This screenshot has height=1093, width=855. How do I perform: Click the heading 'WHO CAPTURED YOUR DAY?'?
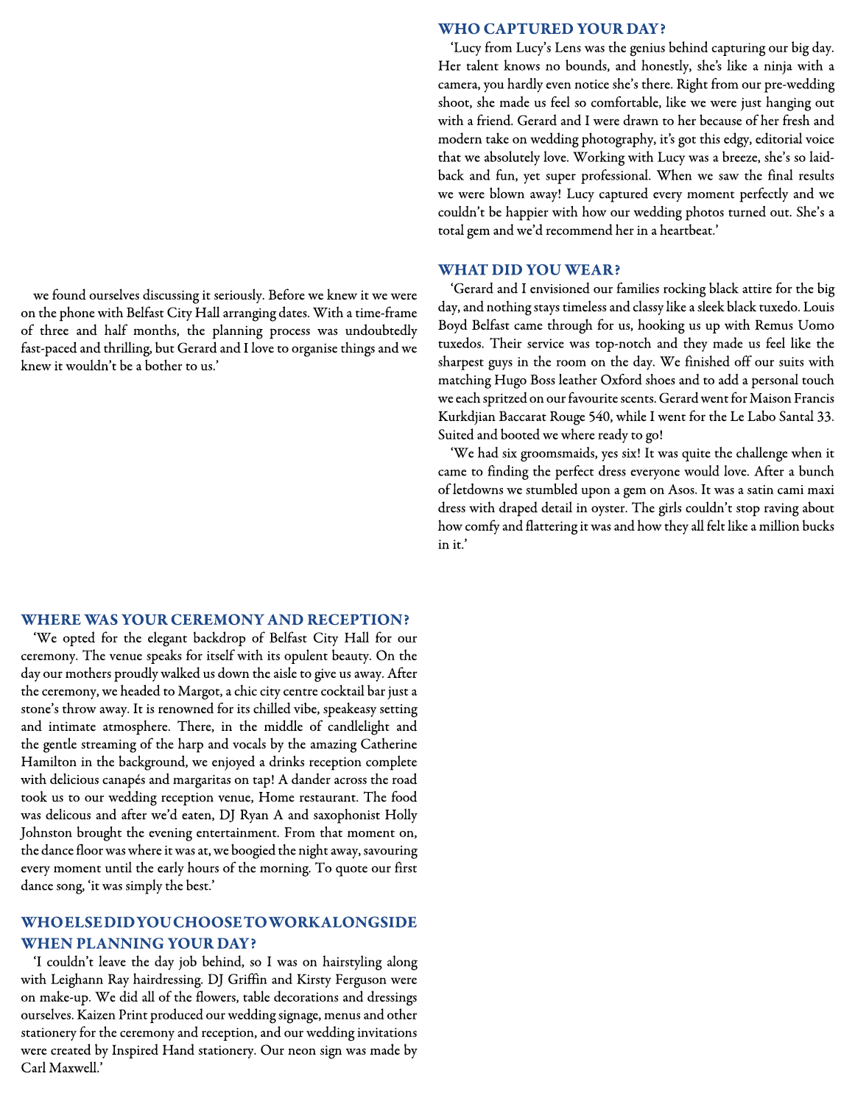552,29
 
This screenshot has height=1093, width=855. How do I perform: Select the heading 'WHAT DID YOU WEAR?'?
529,270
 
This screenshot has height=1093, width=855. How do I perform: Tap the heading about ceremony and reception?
215,620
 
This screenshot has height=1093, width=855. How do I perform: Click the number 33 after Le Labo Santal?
825,417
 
